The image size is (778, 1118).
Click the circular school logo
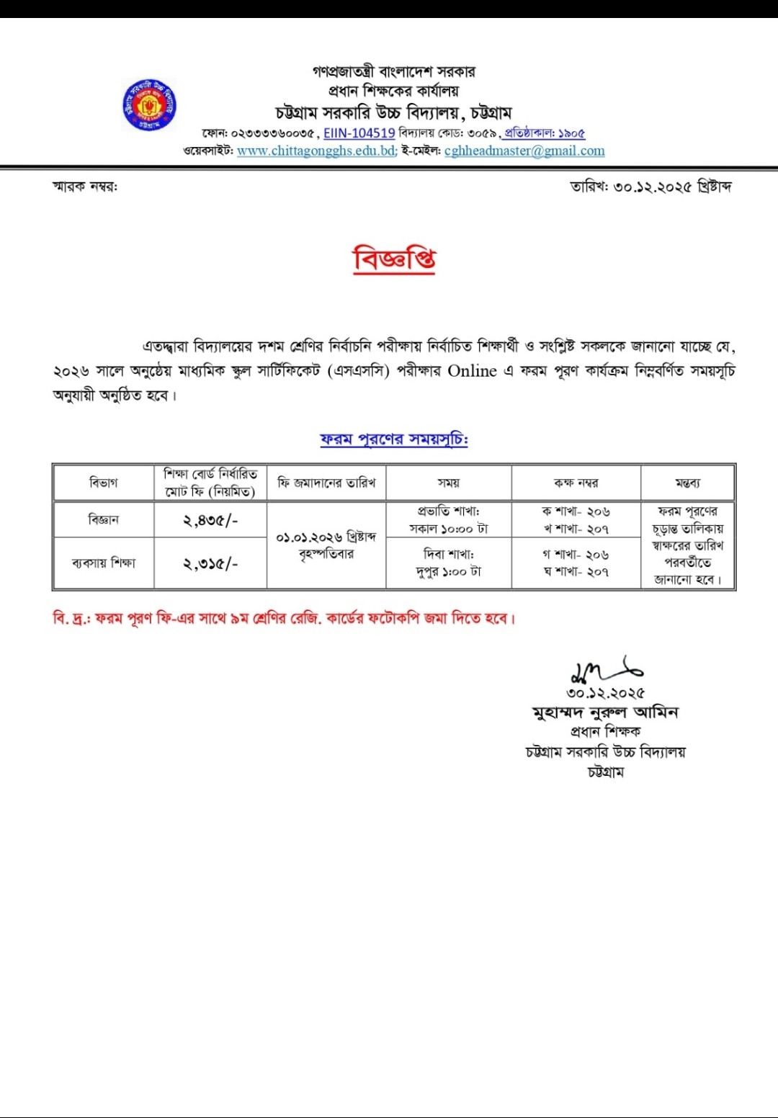(x=149, y=105)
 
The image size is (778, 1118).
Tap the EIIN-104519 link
(x=359, y=133)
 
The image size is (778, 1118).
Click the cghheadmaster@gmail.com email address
(x=524, y=151)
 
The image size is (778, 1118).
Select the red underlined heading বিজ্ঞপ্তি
(x=394, y=259)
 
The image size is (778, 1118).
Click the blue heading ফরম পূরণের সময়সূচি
(x=394, y=439)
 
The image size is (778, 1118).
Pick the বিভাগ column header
(x=104, y=483)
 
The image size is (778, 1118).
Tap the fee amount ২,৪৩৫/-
(x=210, y=520)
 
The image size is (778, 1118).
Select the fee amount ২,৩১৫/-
(x=210, y=563)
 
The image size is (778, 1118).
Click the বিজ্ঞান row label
(x=104, y=520)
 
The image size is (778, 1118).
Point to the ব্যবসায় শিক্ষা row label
(x=104, y=563)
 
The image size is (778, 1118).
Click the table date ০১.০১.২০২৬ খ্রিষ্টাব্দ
(x=326, y=537)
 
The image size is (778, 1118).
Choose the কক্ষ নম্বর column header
(x=576, y=483)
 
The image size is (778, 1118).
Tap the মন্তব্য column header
(x=687, y=483)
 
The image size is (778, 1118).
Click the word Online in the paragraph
(x=473, y=371)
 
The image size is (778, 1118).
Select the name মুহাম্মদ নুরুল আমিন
(x=605, y=712)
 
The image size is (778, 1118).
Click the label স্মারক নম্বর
(x=85, y=187)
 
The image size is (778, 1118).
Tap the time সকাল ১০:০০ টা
(x=448, y=529)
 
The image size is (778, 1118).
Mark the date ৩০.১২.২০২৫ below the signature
(x=605, y=693)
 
